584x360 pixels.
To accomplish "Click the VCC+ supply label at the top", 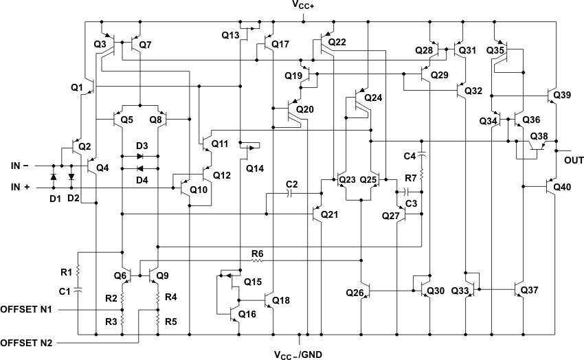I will pos(304,6).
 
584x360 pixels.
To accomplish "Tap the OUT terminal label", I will pos(574,160).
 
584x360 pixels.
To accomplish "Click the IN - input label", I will pos(19,166).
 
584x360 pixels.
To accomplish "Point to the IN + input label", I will pos(19,188).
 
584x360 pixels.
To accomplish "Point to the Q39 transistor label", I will pos(561,95).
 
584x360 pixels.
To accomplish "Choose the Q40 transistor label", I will pos(561,187).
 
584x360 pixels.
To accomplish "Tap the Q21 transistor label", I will pos(330,214).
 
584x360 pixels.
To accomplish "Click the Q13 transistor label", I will pos(230,34).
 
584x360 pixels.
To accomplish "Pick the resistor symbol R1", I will pos(79,265).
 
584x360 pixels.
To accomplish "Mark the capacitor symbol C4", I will pos(422,151).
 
